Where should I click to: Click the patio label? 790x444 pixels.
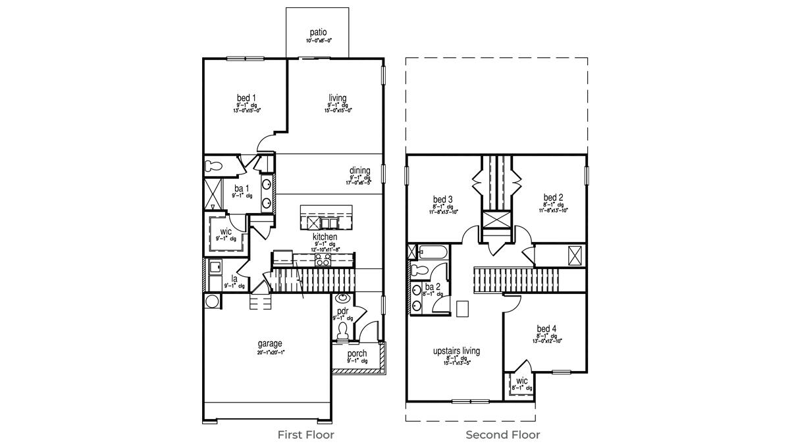tap(319, 32)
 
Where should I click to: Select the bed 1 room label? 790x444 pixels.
tap(247, 98)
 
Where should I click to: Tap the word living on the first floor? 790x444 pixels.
tap(338, 98)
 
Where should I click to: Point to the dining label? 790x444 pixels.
tap(360, 171)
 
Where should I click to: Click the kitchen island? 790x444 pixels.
tap(326, 215)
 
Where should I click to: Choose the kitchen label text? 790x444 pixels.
tap(325, 237)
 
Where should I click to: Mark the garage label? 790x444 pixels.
tap(270, 343)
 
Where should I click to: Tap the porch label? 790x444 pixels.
tap(357, 354)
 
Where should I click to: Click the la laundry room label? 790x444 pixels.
tap(234, 279)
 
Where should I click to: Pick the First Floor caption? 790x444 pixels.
tap(305, 435)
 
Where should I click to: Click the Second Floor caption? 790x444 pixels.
tap(503, 435)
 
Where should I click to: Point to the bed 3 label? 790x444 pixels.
tap(442, 199)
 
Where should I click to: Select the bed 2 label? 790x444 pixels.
tap(553, 197)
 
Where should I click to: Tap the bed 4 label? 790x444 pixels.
tap(546, 329)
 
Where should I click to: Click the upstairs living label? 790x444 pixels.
tap(456, 351)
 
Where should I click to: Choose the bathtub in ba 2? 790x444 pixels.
tap(433, 251)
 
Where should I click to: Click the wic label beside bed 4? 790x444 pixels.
tap(521, 381)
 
